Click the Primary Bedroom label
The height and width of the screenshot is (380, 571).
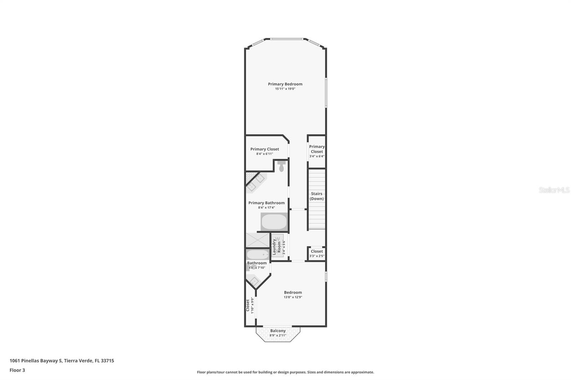point(285,84)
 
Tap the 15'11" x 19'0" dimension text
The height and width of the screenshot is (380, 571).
point(285,89)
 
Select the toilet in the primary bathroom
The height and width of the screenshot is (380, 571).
point(281,166)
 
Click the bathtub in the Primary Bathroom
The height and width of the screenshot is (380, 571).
point(274,222)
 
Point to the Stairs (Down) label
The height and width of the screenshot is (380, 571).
point(317,196)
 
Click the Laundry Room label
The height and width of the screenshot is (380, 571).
point(277,246)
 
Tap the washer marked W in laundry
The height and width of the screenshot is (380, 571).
point(278,239)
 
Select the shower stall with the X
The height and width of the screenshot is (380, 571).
point(257,240)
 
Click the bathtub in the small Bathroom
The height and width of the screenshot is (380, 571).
point(258,255)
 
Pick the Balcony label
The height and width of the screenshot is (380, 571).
point(278,331)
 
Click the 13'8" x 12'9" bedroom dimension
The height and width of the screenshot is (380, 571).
point(293,297)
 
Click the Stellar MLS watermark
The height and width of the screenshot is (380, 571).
point(554,190)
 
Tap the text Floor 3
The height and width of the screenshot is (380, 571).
point(17,370)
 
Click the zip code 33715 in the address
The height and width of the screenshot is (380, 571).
point(107,361)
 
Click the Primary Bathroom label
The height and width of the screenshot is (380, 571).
point(267,203)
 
